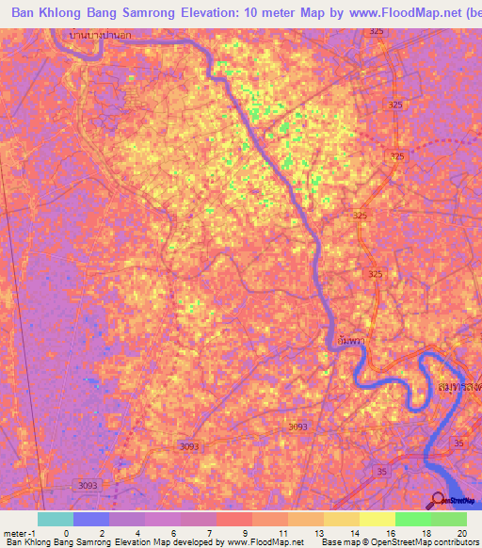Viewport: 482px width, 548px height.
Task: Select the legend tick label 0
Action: coord(66,532)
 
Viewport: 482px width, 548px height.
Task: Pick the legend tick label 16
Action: coord(388,532)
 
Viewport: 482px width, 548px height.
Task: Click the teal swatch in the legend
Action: coord(56,519)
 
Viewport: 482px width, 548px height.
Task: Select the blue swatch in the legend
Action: coord(91,519)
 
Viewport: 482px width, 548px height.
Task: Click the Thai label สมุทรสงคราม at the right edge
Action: coord(460,387)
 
